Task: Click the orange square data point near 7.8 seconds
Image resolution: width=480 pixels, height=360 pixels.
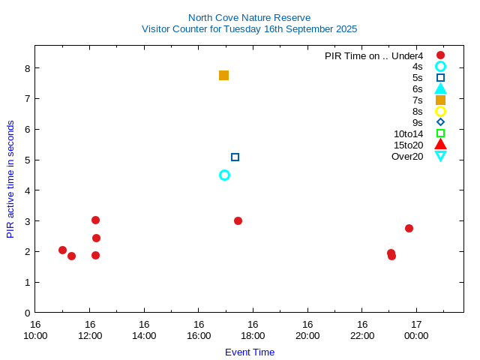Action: [223, 76]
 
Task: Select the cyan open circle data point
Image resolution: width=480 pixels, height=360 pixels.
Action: [224, 175]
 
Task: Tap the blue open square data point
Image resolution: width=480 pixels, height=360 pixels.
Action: [235, 157]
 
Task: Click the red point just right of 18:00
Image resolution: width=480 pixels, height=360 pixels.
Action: [238, 220]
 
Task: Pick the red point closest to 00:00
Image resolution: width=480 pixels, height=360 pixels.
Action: [409, 228]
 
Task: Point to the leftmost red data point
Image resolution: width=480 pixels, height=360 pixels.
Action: [62, 250]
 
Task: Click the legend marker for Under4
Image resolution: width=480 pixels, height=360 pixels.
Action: [440, 55]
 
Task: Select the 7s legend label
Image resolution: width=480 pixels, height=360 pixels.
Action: [417, 100]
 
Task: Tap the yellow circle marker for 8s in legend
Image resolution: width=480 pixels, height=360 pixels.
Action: [440, 111]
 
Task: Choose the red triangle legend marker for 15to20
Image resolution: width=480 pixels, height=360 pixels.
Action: [440, 145]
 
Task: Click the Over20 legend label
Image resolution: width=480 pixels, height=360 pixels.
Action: [407, 157]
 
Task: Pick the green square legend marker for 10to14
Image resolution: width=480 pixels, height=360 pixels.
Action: [440, 133]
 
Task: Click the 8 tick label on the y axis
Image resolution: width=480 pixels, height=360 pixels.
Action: [27, 68]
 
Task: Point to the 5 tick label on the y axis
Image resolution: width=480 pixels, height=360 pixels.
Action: [27, 160]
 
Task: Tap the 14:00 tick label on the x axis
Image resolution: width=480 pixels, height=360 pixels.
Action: [144, 336]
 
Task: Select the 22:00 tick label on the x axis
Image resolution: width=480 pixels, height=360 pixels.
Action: [361, 336]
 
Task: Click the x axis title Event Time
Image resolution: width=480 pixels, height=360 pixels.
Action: [250, 352]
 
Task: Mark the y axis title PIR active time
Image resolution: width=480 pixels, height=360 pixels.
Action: [10, 179]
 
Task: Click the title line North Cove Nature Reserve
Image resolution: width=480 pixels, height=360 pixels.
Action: [249, 17]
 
